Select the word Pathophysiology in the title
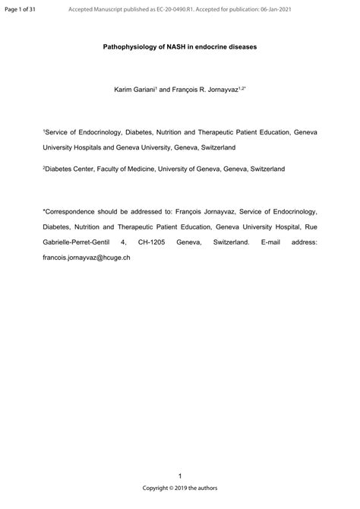coord(129,46)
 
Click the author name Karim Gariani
coord(134,90)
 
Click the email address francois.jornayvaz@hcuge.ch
coord(87,258)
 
